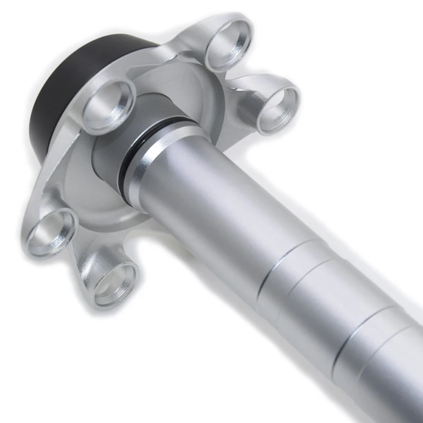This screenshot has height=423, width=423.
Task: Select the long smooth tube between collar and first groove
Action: tap(222, 212)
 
